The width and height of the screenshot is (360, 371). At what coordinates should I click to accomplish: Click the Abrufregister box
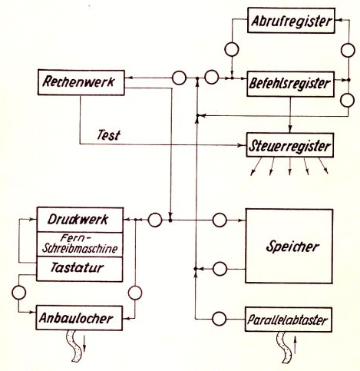tap(291, 21)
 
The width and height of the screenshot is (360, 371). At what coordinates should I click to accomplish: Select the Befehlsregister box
tap(290, 84)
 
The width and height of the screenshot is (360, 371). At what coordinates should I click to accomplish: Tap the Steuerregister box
tap(290, 145)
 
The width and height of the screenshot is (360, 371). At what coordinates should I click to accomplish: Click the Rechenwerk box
tap(81, 82)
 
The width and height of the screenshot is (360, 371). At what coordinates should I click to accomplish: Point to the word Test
tap(108, 135)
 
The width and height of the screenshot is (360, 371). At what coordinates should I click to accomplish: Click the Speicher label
tap(292, 247)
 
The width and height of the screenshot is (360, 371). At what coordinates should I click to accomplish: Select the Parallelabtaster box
tap(289, 320)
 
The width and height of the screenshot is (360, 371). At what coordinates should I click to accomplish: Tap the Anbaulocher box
tap(79, 318)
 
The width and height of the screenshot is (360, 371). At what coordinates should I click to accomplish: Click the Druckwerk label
tap(78, 220)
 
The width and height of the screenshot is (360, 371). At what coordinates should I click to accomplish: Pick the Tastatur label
tap(78, 268)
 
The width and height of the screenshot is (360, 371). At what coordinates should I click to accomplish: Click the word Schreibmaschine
tap(80, 249)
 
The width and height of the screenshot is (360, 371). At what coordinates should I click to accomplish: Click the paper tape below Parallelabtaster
tap(285, 347)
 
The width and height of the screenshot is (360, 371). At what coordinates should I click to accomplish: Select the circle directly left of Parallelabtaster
tap(220, 319)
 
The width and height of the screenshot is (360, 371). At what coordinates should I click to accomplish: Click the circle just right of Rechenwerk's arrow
tap(179, 78)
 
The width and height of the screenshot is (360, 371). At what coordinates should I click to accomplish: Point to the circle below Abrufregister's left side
tap(232, 49)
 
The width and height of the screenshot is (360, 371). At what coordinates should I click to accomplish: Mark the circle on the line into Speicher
tap(220, 220)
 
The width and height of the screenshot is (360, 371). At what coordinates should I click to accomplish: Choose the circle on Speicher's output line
tap(220, 269)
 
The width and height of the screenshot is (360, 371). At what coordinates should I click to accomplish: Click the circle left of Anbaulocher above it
tap(19, 293)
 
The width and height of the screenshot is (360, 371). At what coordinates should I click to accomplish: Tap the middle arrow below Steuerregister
tap(290, 167)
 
